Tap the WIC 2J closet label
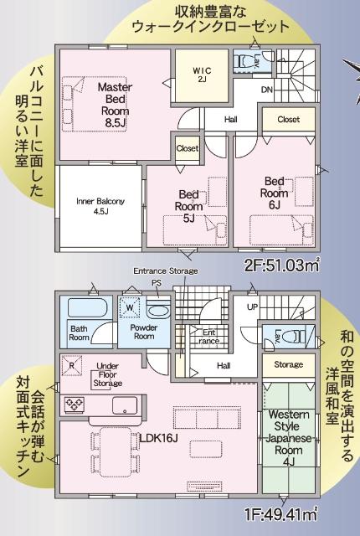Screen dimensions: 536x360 (202, 73)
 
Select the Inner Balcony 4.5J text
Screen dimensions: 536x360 (100, 206)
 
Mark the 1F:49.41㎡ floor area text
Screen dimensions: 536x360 (280, 511)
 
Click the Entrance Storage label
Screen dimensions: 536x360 (166, 271)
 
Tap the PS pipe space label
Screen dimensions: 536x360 (156, 283)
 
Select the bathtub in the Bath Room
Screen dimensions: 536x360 (84, 307)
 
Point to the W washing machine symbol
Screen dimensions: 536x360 (130, 307)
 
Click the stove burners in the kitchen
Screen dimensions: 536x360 (74, 405)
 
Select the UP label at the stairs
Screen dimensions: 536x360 (252, 307)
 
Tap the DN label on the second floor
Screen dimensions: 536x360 (266, 89)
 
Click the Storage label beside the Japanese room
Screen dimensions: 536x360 (287, 365)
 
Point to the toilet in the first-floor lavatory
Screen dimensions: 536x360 (291, 335)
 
